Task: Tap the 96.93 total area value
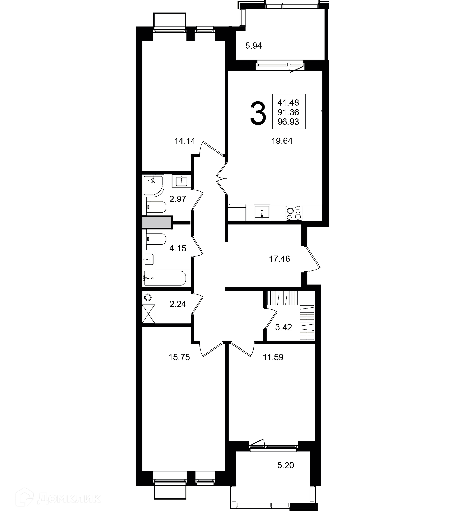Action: click(288, 122)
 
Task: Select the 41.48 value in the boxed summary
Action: click(288, 102)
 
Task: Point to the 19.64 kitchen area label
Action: click(282, 141)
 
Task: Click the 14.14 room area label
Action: click(185, 141)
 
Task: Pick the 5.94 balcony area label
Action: click(254, 46)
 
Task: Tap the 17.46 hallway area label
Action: click(279, 259)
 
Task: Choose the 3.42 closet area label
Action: click(283, 327)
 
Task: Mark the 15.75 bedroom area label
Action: click(179, 357)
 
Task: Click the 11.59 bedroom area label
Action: click(273, 357)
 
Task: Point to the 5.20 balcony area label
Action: click(286, 465)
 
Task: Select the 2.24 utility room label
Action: click(178, 304)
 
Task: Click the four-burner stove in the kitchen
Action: click(294, 213)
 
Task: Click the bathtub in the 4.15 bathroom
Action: click(164, 278)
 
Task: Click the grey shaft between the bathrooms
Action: click(157, 222)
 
